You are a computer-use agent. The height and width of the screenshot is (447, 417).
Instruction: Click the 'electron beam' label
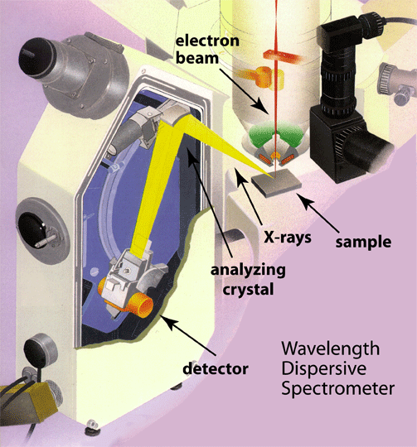point(207,50)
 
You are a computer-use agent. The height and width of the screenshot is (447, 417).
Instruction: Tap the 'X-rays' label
point(288,237)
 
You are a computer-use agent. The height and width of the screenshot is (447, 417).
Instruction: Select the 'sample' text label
point(363,243)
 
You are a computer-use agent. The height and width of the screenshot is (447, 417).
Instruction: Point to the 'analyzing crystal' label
point(248,280)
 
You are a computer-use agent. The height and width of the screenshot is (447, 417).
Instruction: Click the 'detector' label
point(216,368)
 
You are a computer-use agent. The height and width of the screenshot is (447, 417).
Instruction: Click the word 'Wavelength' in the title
point(331,348)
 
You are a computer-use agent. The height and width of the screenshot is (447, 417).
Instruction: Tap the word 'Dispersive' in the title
point(324,368)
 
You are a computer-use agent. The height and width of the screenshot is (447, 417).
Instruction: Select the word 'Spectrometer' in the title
point(338,388)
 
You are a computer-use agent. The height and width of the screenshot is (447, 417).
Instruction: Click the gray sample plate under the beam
point(276,182)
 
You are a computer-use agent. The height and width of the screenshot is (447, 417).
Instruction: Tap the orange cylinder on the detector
point(140,305)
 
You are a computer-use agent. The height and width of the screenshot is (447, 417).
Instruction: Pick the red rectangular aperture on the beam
point(283,57)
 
